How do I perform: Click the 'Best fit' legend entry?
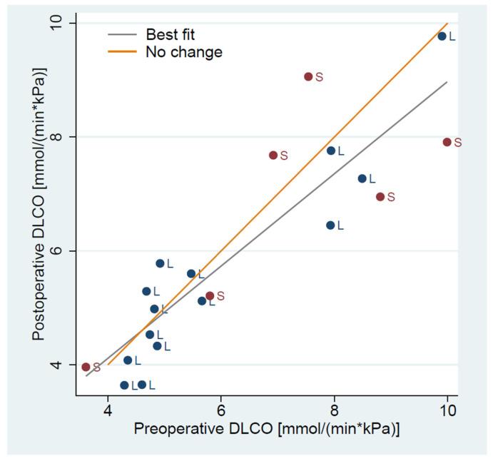tap(170, 34)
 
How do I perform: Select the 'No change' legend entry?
tap(183, 52)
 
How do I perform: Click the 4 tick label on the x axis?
tap(108, 412)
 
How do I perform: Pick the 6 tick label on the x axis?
tap(221, 412)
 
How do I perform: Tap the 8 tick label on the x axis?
tap(334, 412)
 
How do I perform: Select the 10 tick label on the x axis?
tap(447, 412)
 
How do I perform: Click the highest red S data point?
tap(308, 76)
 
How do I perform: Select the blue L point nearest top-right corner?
tap(442, 36)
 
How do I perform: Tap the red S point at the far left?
tap(86, 367)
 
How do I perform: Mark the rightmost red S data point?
tap(447, 142)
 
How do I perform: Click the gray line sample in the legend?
tap(122, 34)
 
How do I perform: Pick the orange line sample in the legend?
tap(122, 52)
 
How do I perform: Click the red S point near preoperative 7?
tap(273, 155)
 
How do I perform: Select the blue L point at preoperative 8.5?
tap(362, 178)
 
